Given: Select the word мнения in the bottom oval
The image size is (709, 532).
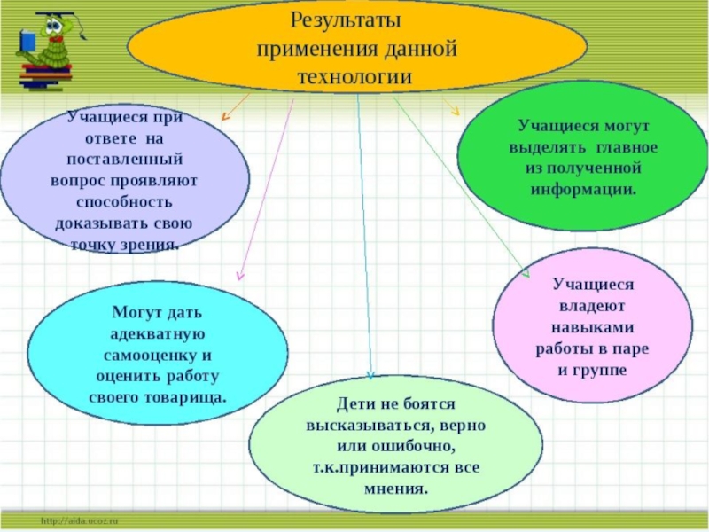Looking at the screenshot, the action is (395, 488).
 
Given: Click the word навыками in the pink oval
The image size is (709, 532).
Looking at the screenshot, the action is (592, 327).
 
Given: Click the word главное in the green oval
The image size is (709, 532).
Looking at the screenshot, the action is (619, 145).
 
